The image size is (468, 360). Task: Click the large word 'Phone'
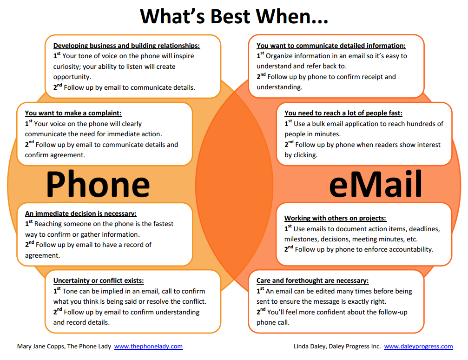pyautogui.click(x=98, y=184)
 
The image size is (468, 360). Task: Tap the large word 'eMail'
pyautogui.click(x=376, y=184)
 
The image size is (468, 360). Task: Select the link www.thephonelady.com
pyautogui.click(x=148, y=347)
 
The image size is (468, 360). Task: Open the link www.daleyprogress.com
pyautogui.click(x=418, y=347)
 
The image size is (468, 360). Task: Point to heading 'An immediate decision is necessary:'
pyautogui.click(x=81, y=213)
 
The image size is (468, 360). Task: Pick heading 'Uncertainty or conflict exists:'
pyautogui.click(x=99, y=280)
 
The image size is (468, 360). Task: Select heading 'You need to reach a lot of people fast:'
pyautogui.click(x=343, y=113)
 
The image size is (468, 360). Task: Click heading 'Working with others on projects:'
pyautogui.click(x=335, y=218)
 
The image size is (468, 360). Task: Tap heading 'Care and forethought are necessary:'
pyautogui.click(x=312, y=280)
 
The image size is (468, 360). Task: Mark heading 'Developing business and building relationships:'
pyautogui.click(x=126, y=46)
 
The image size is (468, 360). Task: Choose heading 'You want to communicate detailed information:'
pyautogui.click(x=331, y=46)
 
